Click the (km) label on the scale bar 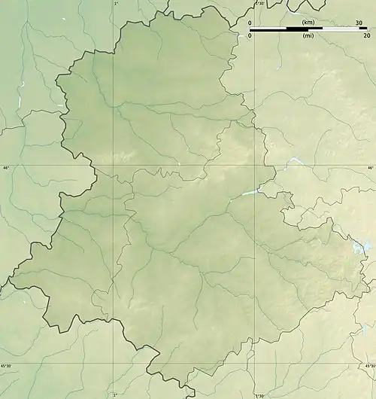tap(308, 23)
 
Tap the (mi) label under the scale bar tap(308, 35)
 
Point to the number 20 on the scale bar tap(365, 35)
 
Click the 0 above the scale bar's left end tap(250, 23)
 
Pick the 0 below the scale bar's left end tap(250, 35)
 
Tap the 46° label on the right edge tap(370, 168)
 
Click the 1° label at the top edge tap(115, 4)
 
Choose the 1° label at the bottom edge tap(115, 394)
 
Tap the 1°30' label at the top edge tap(259, 4)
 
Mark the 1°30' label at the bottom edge tap(259, 394)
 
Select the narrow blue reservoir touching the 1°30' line tap(250, 193)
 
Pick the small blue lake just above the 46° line tap(293, 161)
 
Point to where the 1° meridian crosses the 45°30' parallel tap(115, 364)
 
